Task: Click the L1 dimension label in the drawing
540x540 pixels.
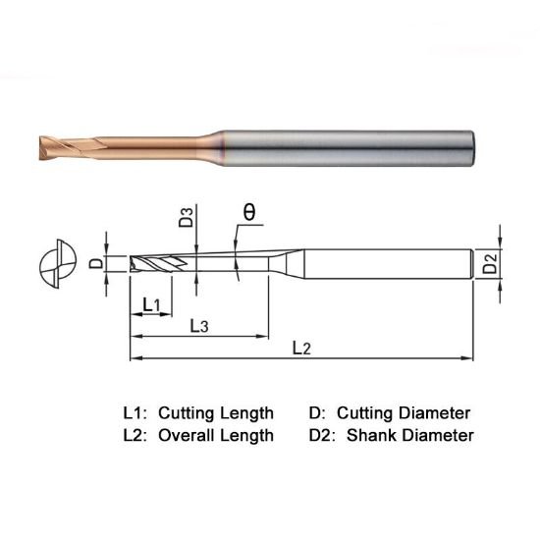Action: [x=151, y=305]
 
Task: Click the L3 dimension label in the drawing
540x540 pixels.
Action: [x=196, y=325]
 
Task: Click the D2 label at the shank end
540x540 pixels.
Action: [x=491, y=263]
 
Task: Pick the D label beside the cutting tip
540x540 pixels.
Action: [x=95, y=263]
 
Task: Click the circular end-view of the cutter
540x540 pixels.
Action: [x=54, y=265]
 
